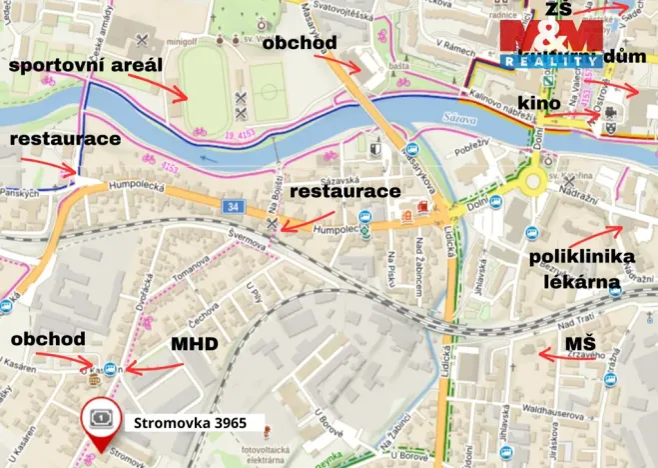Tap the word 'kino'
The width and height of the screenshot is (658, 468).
[537, 103]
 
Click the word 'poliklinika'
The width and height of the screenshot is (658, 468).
[582, 258]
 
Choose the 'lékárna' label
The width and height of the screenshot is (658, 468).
[582, 282]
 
